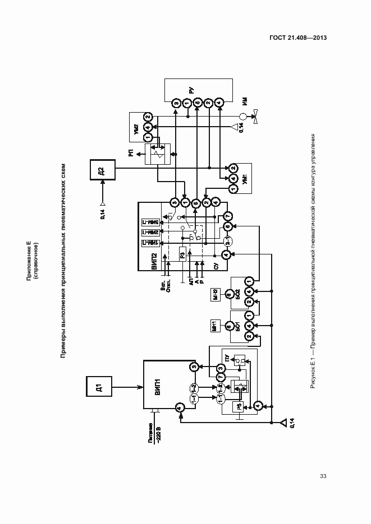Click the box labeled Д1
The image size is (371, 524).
tap(98, 387)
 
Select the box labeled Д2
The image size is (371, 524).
tap(100, 171)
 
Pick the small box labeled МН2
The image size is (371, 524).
tap(216, 294)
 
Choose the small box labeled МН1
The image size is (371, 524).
tap(216, 326)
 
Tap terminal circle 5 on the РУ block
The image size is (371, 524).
tap(197, 103)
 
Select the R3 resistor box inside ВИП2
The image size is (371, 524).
tap(183, 256)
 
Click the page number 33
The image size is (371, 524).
tap(323, 476)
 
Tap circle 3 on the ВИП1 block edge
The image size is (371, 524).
tap(194, 367)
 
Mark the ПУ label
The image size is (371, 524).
tap(226, 359)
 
